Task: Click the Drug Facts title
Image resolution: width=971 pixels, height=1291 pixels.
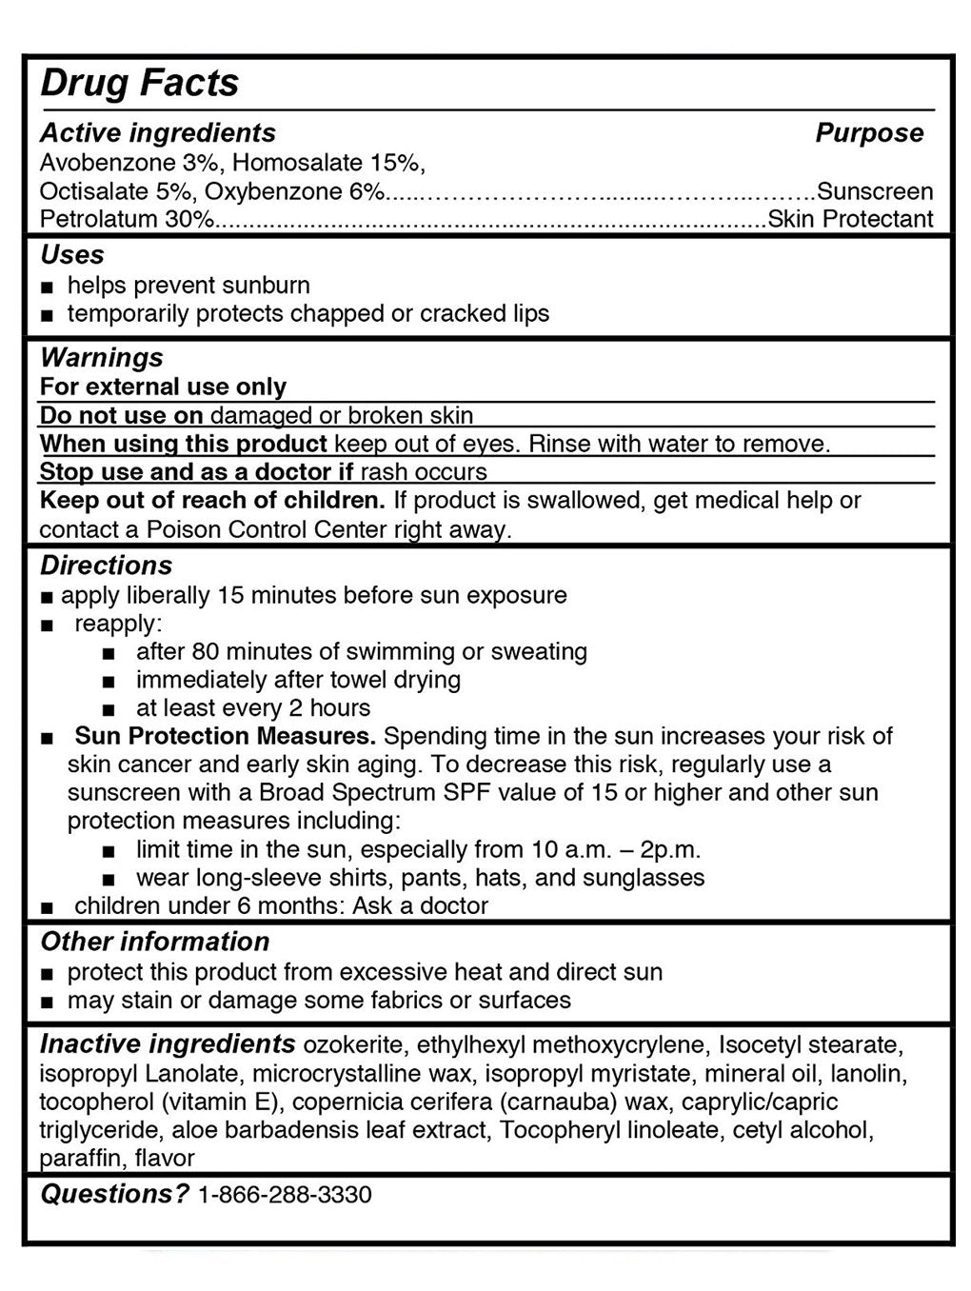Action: pos(139,83)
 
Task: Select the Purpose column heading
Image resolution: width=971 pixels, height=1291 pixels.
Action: pos(868,132)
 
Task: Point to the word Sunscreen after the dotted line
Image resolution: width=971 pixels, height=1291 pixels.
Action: pos(875,191)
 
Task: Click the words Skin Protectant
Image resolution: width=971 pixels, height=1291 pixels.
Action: pos(850,219)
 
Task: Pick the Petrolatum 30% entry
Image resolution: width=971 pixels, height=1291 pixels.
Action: pos(127,219)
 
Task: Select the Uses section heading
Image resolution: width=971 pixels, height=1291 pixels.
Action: pos(72,255)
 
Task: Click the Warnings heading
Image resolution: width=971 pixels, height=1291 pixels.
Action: pos(102,358)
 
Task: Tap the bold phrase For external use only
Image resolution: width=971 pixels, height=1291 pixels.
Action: pos(163,387)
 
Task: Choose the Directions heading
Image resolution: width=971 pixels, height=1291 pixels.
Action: pos(106,566)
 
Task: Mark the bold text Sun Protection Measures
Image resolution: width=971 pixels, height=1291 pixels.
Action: pos(226,736)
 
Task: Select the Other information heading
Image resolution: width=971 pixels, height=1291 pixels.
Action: pos(154,942)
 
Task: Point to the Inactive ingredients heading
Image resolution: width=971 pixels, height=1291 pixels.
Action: pos(168,1044)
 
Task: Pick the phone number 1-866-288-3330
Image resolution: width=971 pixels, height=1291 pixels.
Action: pos(284,1194)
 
